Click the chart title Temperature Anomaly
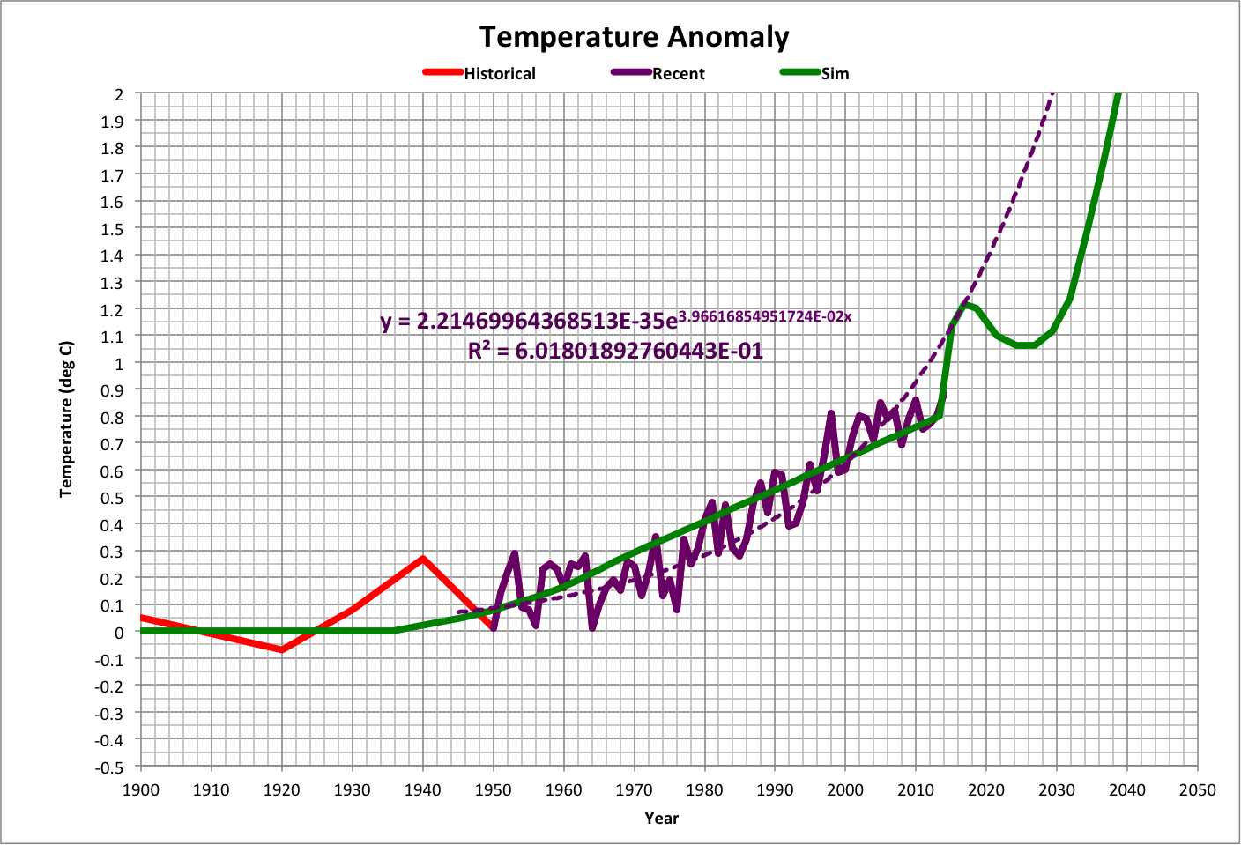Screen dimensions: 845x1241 coord(634,37)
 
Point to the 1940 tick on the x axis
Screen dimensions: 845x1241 coord(423,789)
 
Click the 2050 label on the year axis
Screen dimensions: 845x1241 coord(1198,789)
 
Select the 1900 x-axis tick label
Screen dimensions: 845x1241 coord(141,789)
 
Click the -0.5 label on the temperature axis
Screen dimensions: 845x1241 coord(110,767)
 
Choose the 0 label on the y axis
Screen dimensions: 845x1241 coord(119,632)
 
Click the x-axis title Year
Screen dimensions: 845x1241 coord(661,819)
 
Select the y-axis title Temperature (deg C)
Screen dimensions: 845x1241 coord(66,419)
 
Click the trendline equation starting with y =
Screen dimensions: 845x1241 coord(615,320)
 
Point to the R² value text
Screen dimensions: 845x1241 coord(615,351)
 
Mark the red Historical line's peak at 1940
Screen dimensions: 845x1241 coord(423,559)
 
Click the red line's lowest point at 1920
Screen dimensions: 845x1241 coord(282,649)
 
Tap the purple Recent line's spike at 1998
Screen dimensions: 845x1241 coord(831,413)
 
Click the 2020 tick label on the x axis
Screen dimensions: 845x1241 coord(986,789)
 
